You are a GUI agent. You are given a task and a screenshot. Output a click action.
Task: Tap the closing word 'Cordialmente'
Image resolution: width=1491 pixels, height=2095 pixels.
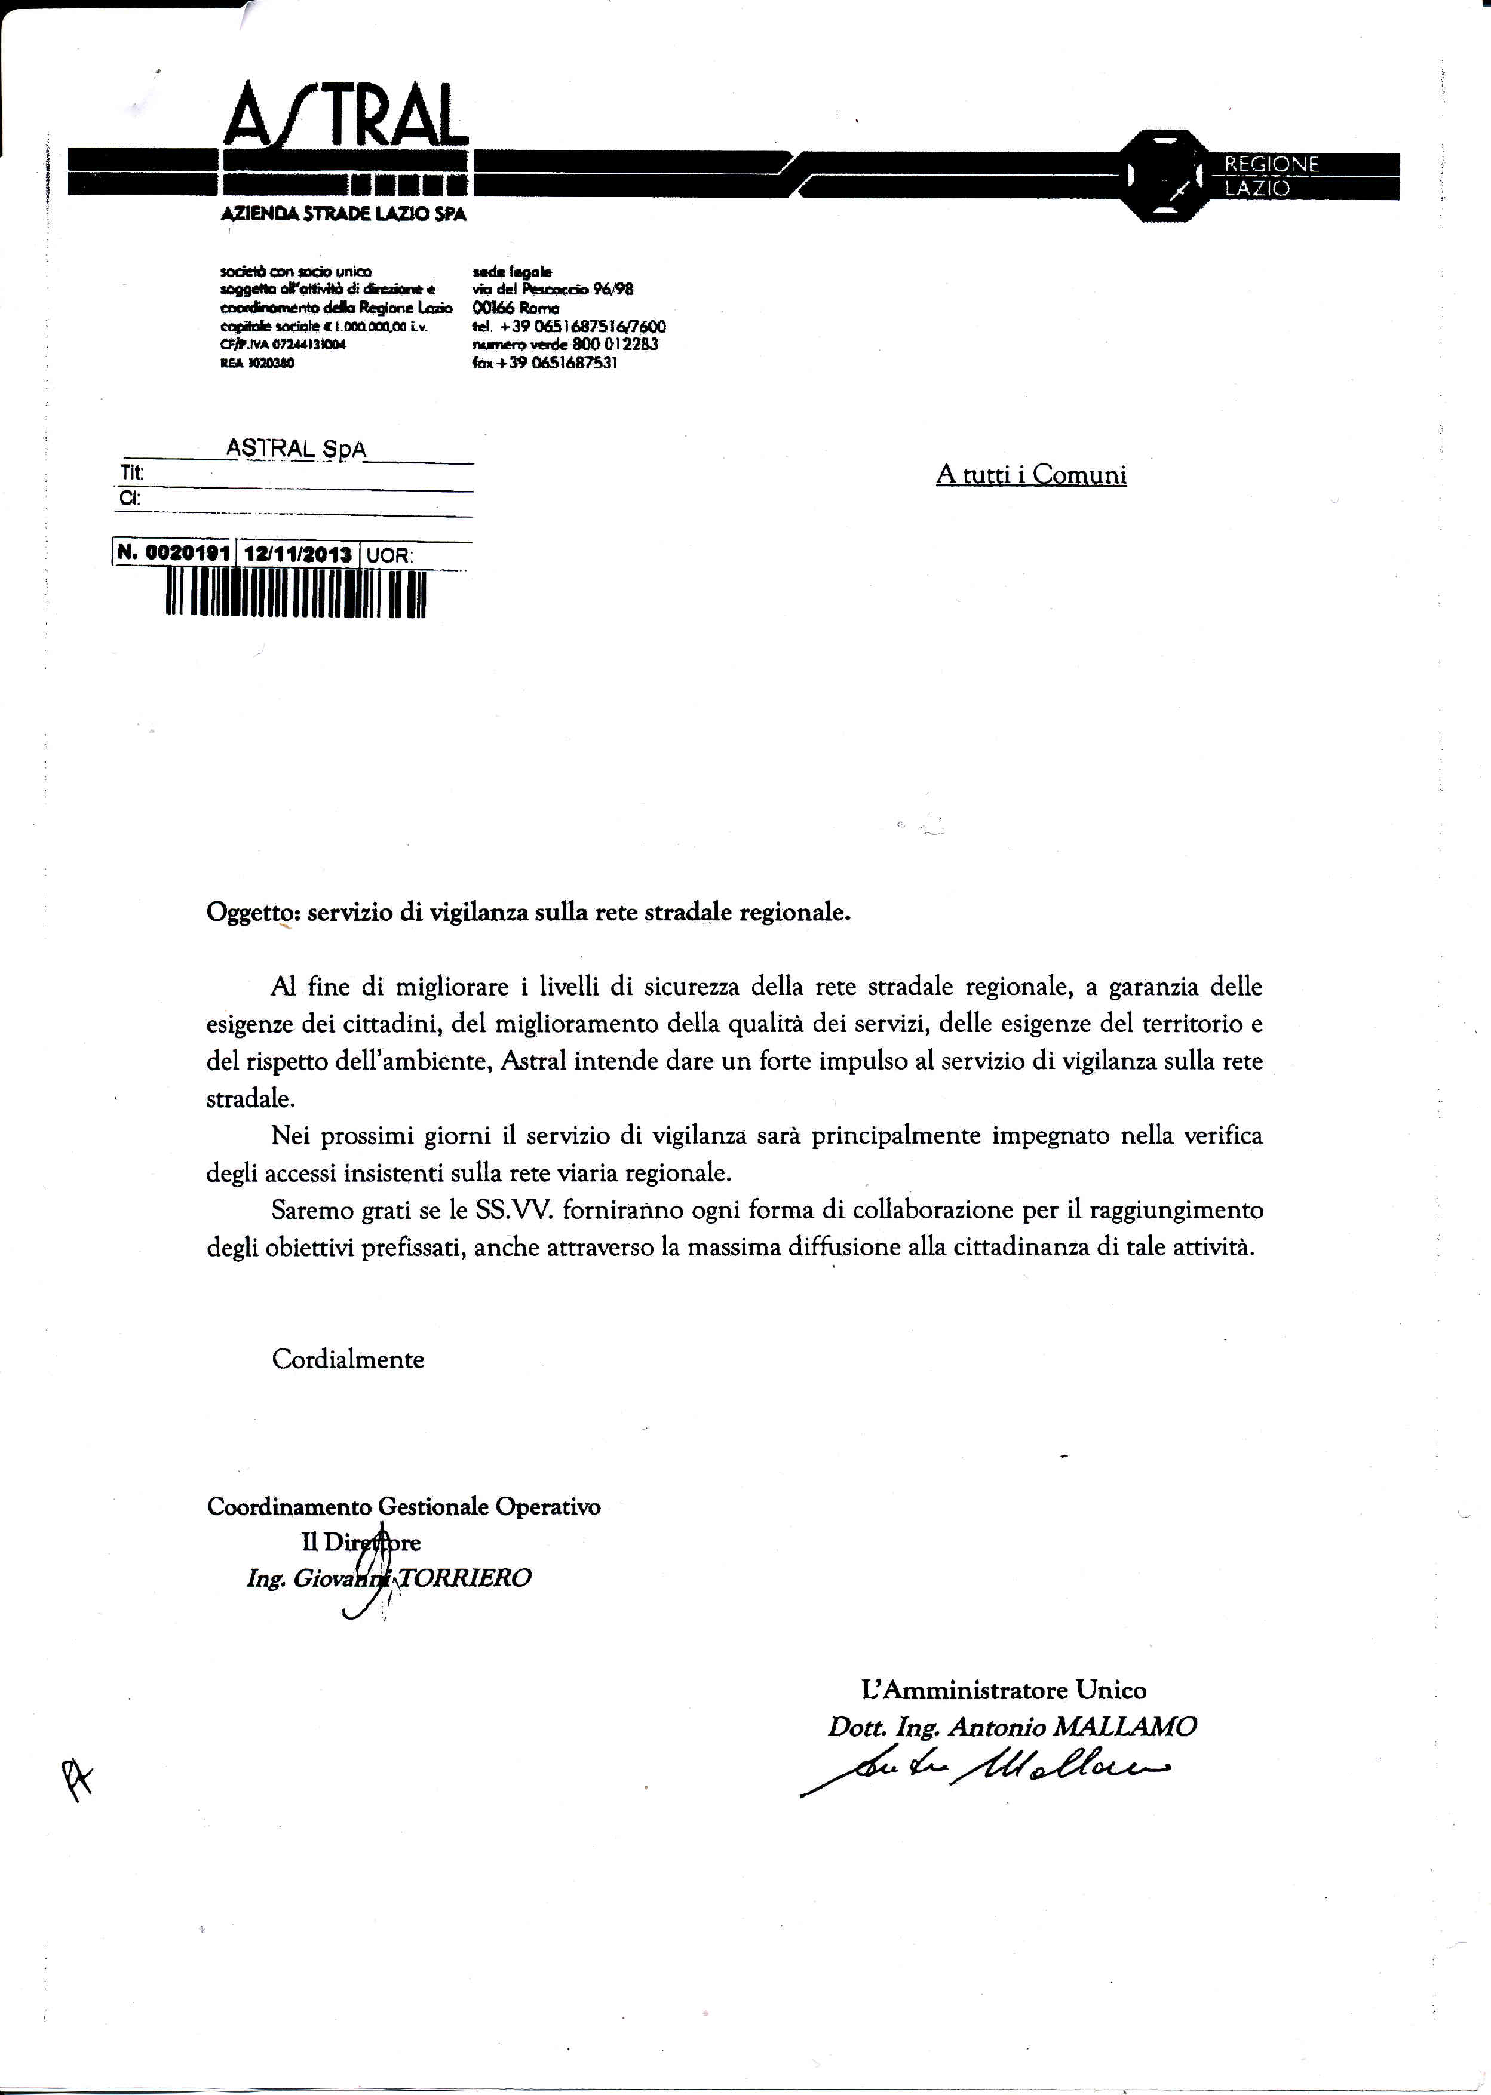click(348, 1359)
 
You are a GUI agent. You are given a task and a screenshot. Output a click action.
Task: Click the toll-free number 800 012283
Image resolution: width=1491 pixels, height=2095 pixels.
click(602, 344)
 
